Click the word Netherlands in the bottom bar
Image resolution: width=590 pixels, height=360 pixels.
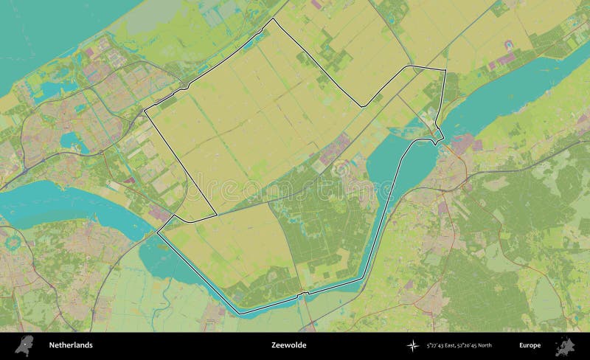(71, 345)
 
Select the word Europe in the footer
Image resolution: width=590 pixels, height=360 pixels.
(529, 345)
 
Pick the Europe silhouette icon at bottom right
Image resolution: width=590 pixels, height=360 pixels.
(566, 345)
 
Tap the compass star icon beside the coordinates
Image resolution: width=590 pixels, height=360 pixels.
(412, 345)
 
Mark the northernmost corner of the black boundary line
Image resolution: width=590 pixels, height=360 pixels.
(275, 19)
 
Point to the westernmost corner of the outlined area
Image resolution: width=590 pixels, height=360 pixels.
(144, 111)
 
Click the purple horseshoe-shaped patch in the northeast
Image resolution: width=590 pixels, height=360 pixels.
(506, 58)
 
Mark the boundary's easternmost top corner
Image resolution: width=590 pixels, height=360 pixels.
(445, 70)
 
